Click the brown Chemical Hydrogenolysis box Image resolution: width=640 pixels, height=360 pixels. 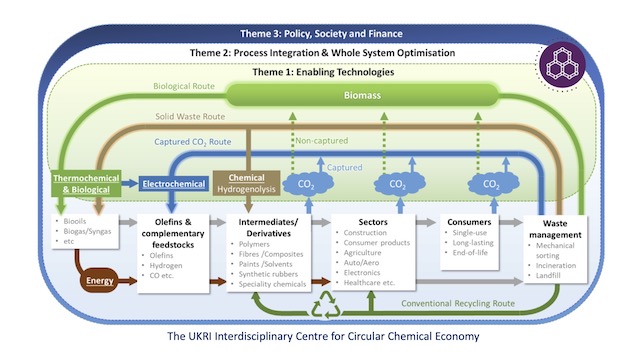pos(240,183)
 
